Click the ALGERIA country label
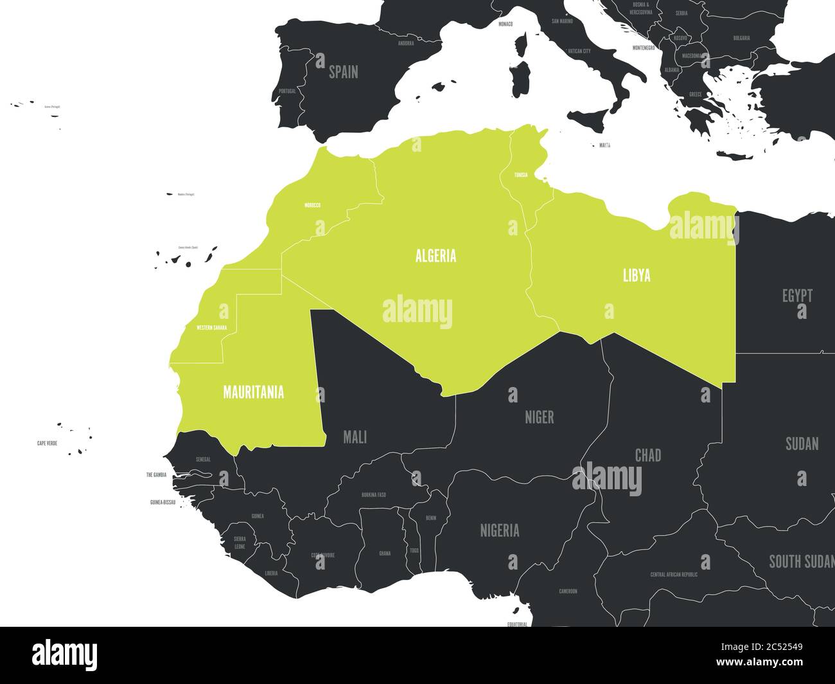point(435,256)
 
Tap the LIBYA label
point(637,276)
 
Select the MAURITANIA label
point(253,392)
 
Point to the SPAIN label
point(343,72)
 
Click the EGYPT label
point(797,296)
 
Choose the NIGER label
point(539,417)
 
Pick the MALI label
point(355,438)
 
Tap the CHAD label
point(647,456)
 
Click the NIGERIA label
point(500,531)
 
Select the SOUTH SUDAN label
point(801,562)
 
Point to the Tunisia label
point(520,175)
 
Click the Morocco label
point(312,206)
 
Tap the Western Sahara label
point(211,328)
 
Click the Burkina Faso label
point(374,495)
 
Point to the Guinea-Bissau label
point(163,502)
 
